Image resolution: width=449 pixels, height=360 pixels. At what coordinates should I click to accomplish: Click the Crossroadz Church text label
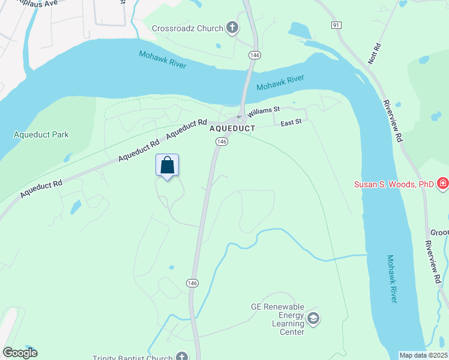click(x=187, y=28)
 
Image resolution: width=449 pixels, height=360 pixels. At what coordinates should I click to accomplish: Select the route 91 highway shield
click(x=336, y=25)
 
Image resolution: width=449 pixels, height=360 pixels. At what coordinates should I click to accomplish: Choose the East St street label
click(x=294, y=122)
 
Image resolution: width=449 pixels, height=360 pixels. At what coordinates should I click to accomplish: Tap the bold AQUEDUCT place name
click(x=232, y=128)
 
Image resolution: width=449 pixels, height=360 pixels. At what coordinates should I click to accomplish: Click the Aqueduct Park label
click(x=41, y=134)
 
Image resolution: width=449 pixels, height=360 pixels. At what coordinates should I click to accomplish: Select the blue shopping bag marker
click(x=167, y=166)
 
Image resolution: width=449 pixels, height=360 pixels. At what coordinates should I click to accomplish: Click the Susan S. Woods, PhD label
click(x=393, y=184)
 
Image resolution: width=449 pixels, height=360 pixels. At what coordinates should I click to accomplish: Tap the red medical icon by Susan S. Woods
click(x=442, y=183)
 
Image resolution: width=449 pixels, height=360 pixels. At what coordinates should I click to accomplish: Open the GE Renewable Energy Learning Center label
click(x=277, y=319)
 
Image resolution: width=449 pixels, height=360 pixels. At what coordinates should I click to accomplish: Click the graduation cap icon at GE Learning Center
click(x=313, y=318)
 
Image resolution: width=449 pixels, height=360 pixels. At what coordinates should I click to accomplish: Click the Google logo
click(x=20, y=353)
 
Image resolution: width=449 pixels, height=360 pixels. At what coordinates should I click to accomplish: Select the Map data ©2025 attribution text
click(x=424, y=355)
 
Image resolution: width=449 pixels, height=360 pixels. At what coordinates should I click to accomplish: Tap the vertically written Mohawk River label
click(x=391, y=278)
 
